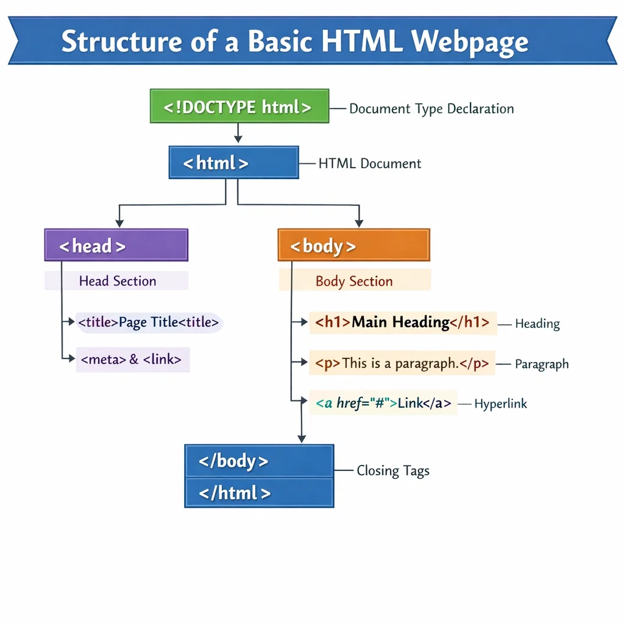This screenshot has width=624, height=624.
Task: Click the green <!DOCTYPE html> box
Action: click(x=239, y=107)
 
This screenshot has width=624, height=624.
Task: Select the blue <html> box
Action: click(x=233, y=163)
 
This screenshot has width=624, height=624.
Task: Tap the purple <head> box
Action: click(x=116, y=246)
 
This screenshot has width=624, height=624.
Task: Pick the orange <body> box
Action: click(x=353, y=246)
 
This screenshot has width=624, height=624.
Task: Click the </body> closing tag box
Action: click(x=259, y=461)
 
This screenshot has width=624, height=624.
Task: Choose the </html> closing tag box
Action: click(x=259, y=492)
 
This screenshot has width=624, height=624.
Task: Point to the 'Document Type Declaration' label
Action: click(x=431, y=109)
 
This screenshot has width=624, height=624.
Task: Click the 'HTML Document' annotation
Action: click(x=370, y=163)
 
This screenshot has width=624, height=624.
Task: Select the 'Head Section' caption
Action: click(x=117, y=281)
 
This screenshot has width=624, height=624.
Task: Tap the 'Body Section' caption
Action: click(x=354, y=282)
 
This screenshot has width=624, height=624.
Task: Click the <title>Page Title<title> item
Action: click(x=148, y=322)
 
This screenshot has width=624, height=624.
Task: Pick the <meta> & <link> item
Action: click(x=132, y=360)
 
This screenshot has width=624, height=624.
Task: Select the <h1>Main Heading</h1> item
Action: click(x=402, y=322)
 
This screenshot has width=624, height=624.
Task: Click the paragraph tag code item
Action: click(x=402, y=363)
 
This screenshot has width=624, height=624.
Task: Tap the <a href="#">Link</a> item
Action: click(x=383, y=403)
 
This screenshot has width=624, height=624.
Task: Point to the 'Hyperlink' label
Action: click(x=500, y=404)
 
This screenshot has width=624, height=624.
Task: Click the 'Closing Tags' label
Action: click(x=393, y=471)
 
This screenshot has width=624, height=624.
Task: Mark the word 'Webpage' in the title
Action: click(x=470, y=42)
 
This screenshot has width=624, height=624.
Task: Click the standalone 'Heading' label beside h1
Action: click(x=537, y=324)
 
